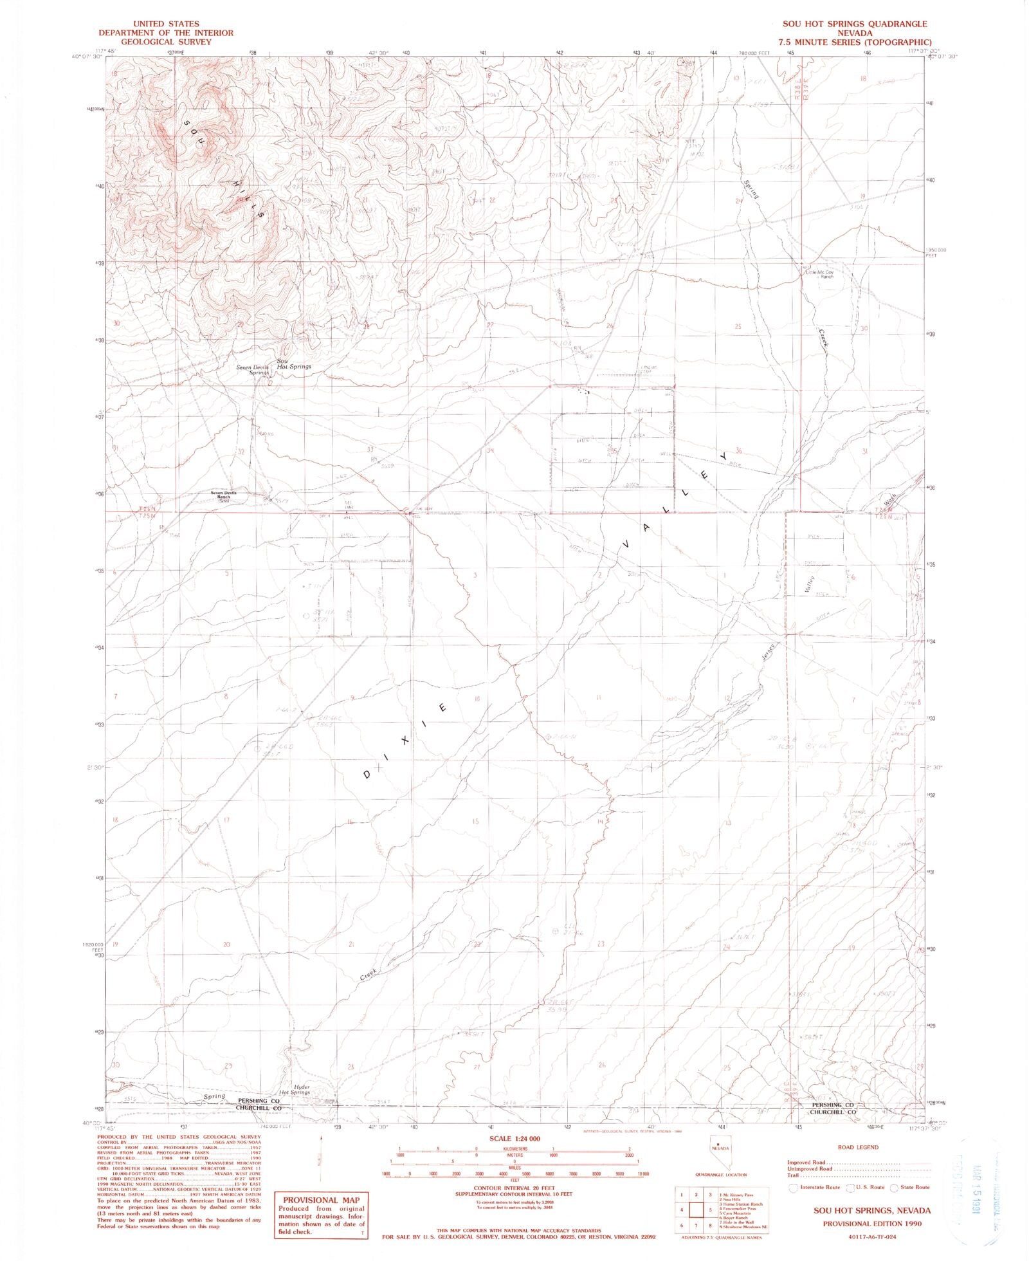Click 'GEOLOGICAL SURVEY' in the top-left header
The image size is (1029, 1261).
[x=166, y=42]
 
